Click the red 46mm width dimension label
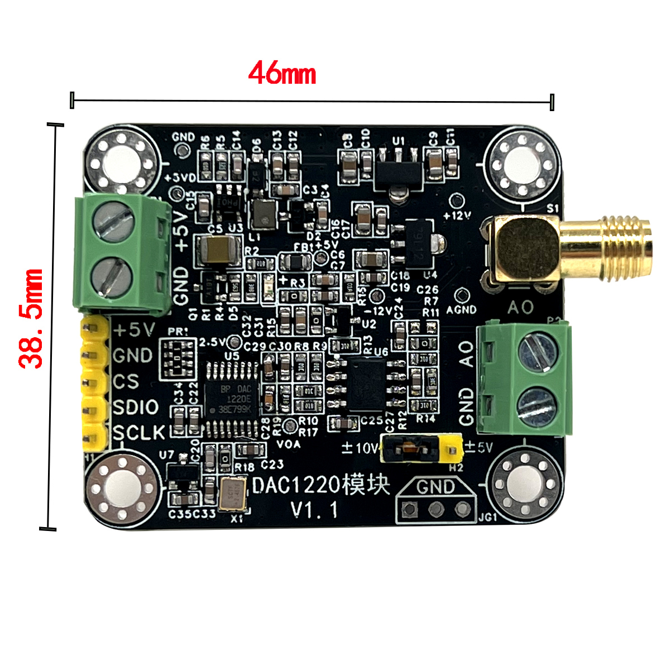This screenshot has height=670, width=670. [282, 73]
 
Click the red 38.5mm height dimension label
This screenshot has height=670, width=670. [31, 319]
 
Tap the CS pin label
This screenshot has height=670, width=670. [126, 381]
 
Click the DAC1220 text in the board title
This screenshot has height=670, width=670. [296, 485]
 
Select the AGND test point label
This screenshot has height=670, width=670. [462, 309]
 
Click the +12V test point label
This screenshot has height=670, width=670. [457, 215]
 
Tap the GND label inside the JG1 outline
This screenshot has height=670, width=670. [435, 487]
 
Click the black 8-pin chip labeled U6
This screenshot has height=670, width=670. [366, 385]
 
